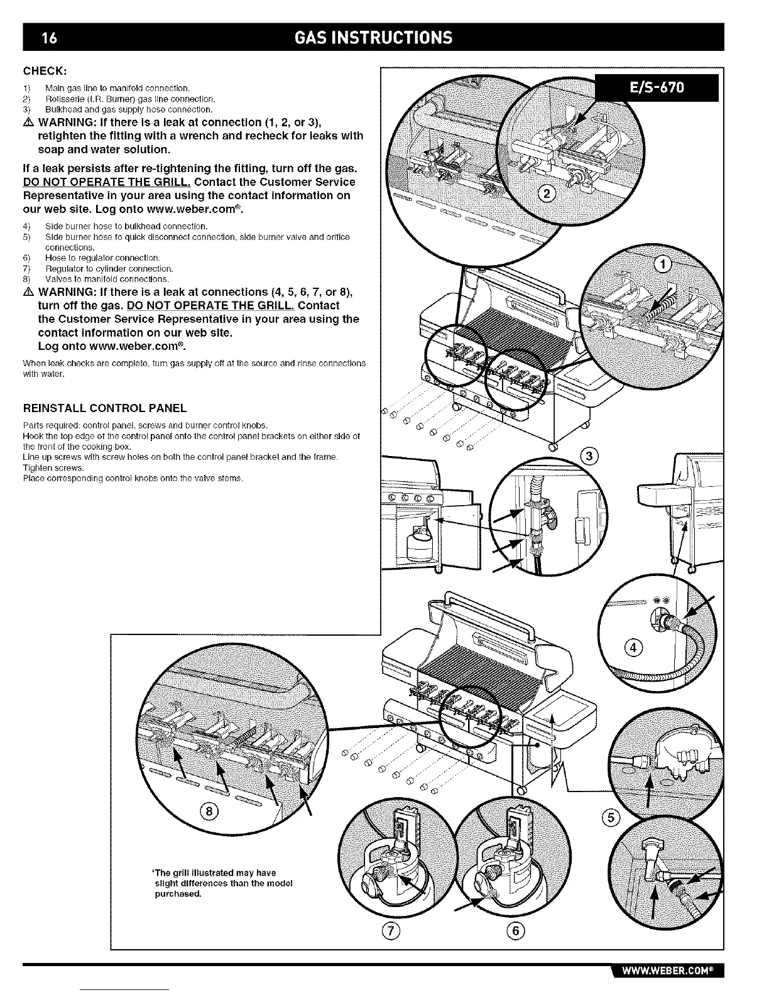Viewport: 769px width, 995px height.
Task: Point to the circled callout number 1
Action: coord(663,264)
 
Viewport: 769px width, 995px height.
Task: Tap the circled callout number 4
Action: coord(634,648)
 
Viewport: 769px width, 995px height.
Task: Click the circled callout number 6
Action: coord(515,931)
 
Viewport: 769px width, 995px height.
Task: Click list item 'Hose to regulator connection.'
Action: coord(102,258)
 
